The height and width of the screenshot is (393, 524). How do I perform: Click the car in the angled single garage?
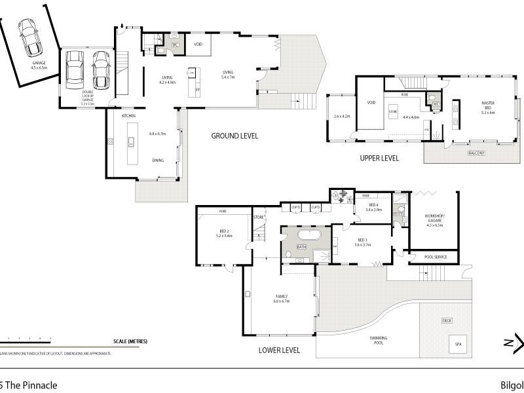point(29,37)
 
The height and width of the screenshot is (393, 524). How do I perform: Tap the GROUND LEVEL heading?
point(234,136)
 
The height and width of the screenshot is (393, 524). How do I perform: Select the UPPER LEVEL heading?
point(379,159)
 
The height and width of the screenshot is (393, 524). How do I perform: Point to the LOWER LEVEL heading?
point(280,350)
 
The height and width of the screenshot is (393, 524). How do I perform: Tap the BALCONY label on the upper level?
point(477,153)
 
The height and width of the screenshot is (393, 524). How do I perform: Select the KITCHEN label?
point(128,116)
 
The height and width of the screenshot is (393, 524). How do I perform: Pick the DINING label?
point(158,160)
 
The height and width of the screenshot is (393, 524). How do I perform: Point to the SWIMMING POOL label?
point(378,340)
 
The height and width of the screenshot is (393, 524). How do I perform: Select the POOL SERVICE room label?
point(436,257)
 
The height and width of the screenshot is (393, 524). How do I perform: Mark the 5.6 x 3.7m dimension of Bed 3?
point(362,245)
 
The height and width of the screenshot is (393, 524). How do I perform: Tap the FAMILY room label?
point(282,297)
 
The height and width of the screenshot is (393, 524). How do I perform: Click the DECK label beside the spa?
point(447,320)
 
